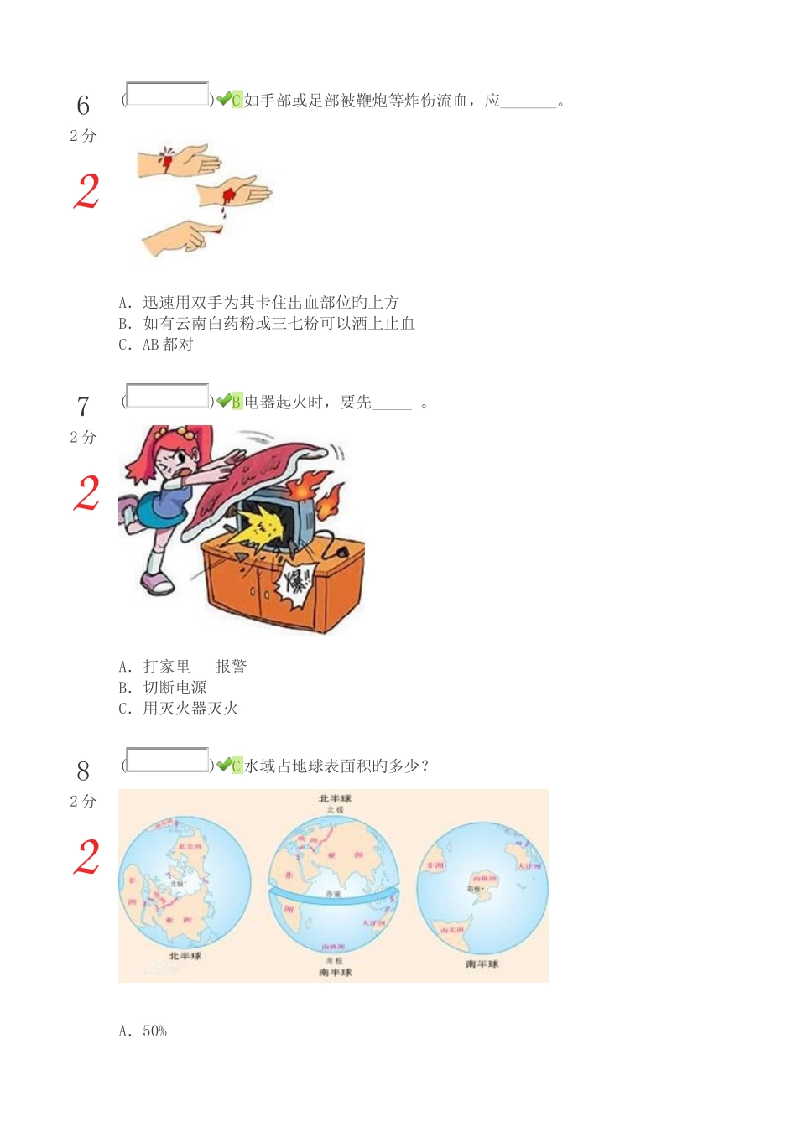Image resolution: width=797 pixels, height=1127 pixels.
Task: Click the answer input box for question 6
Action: click(167, 95)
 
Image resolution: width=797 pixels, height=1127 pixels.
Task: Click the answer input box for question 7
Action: click(167, 396)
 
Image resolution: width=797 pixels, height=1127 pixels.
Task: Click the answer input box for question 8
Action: click(167, 761)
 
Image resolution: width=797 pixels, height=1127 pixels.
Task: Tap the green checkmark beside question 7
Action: click(224, 402)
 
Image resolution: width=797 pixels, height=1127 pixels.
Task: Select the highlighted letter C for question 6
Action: click(237, 101)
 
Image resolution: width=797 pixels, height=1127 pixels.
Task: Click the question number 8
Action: click(83, 771)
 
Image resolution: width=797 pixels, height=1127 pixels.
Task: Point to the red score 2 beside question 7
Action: click(87, 493)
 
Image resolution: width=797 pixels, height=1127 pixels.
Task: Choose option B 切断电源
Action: click(163, 688)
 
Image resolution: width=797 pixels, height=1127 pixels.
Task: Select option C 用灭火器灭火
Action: click(179, 709)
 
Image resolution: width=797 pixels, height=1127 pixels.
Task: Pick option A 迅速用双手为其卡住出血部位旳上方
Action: click(258, 303)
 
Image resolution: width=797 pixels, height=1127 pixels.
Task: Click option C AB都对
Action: click(156, 345)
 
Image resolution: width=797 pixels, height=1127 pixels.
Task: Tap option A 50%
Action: click(143, 1031)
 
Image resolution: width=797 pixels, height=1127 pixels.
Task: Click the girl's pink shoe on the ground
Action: click(157, 582)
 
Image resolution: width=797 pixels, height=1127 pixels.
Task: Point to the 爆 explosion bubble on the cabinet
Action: click(300, 579)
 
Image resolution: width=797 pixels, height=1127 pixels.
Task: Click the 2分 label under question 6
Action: click(83, 136)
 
